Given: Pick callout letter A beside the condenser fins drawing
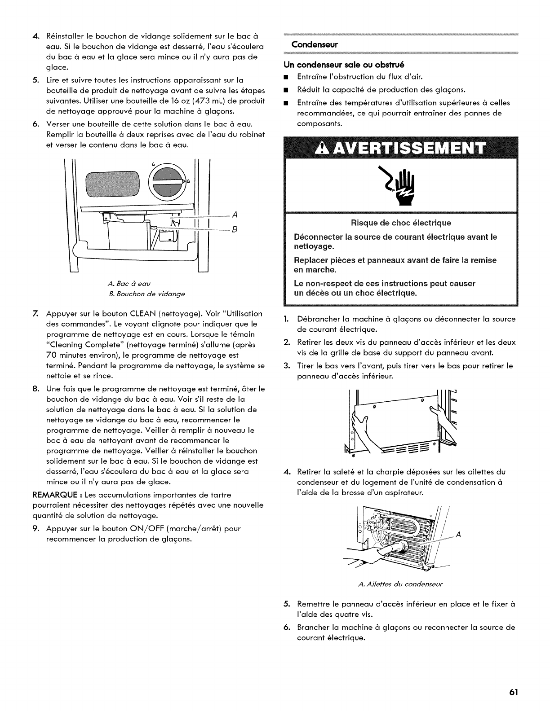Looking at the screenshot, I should tap(458, 535).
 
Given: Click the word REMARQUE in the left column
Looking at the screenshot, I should tap(67, 495).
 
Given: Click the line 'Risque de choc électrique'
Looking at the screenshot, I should tap(401, 223).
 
